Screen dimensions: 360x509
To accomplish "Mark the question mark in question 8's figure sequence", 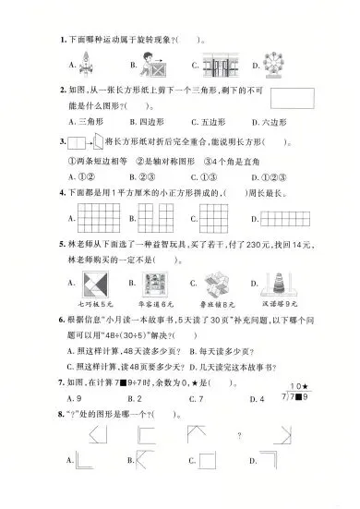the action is click(x=239, y=435).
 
